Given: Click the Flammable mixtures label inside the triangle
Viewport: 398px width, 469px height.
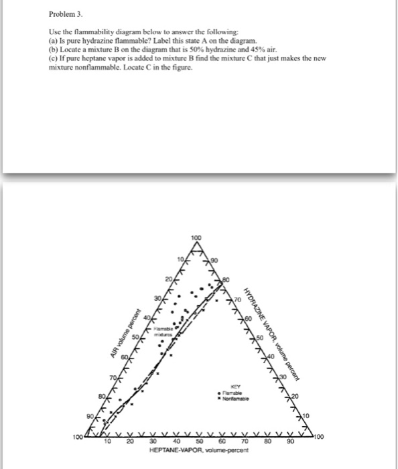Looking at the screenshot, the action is [x=161, y=331].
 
